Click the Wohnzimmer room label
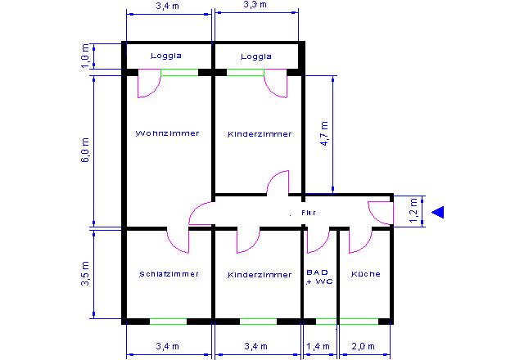[x=167, y=133]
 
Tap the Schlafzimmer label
[x=169, y=274]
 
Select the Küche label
[x=366, y=274]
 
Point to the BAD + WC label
[x=319, y=277]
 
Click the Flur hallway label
[x=309, y=213]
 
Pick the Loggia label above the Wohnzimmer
[x=166, y=56]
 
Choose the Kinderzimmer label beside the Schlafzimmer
[x=260, y=275]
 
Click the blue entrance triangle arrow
[x=438, y=212]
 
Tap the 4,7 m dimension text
[x=324, y=133]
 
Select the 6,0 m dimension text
[x=85, y=150]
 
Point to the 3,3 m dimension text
[x=255, y=5]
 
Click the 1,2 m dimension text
[x=413, y=211]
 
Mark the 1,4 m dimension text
[x=318, y=346]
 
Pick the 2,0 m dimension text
[x=363, y=346]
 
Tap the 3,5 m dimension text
[x=85, y=273]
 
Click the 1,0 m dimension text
[x=85, y=56]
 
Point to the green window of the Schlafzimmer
[x=168, y=322]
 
